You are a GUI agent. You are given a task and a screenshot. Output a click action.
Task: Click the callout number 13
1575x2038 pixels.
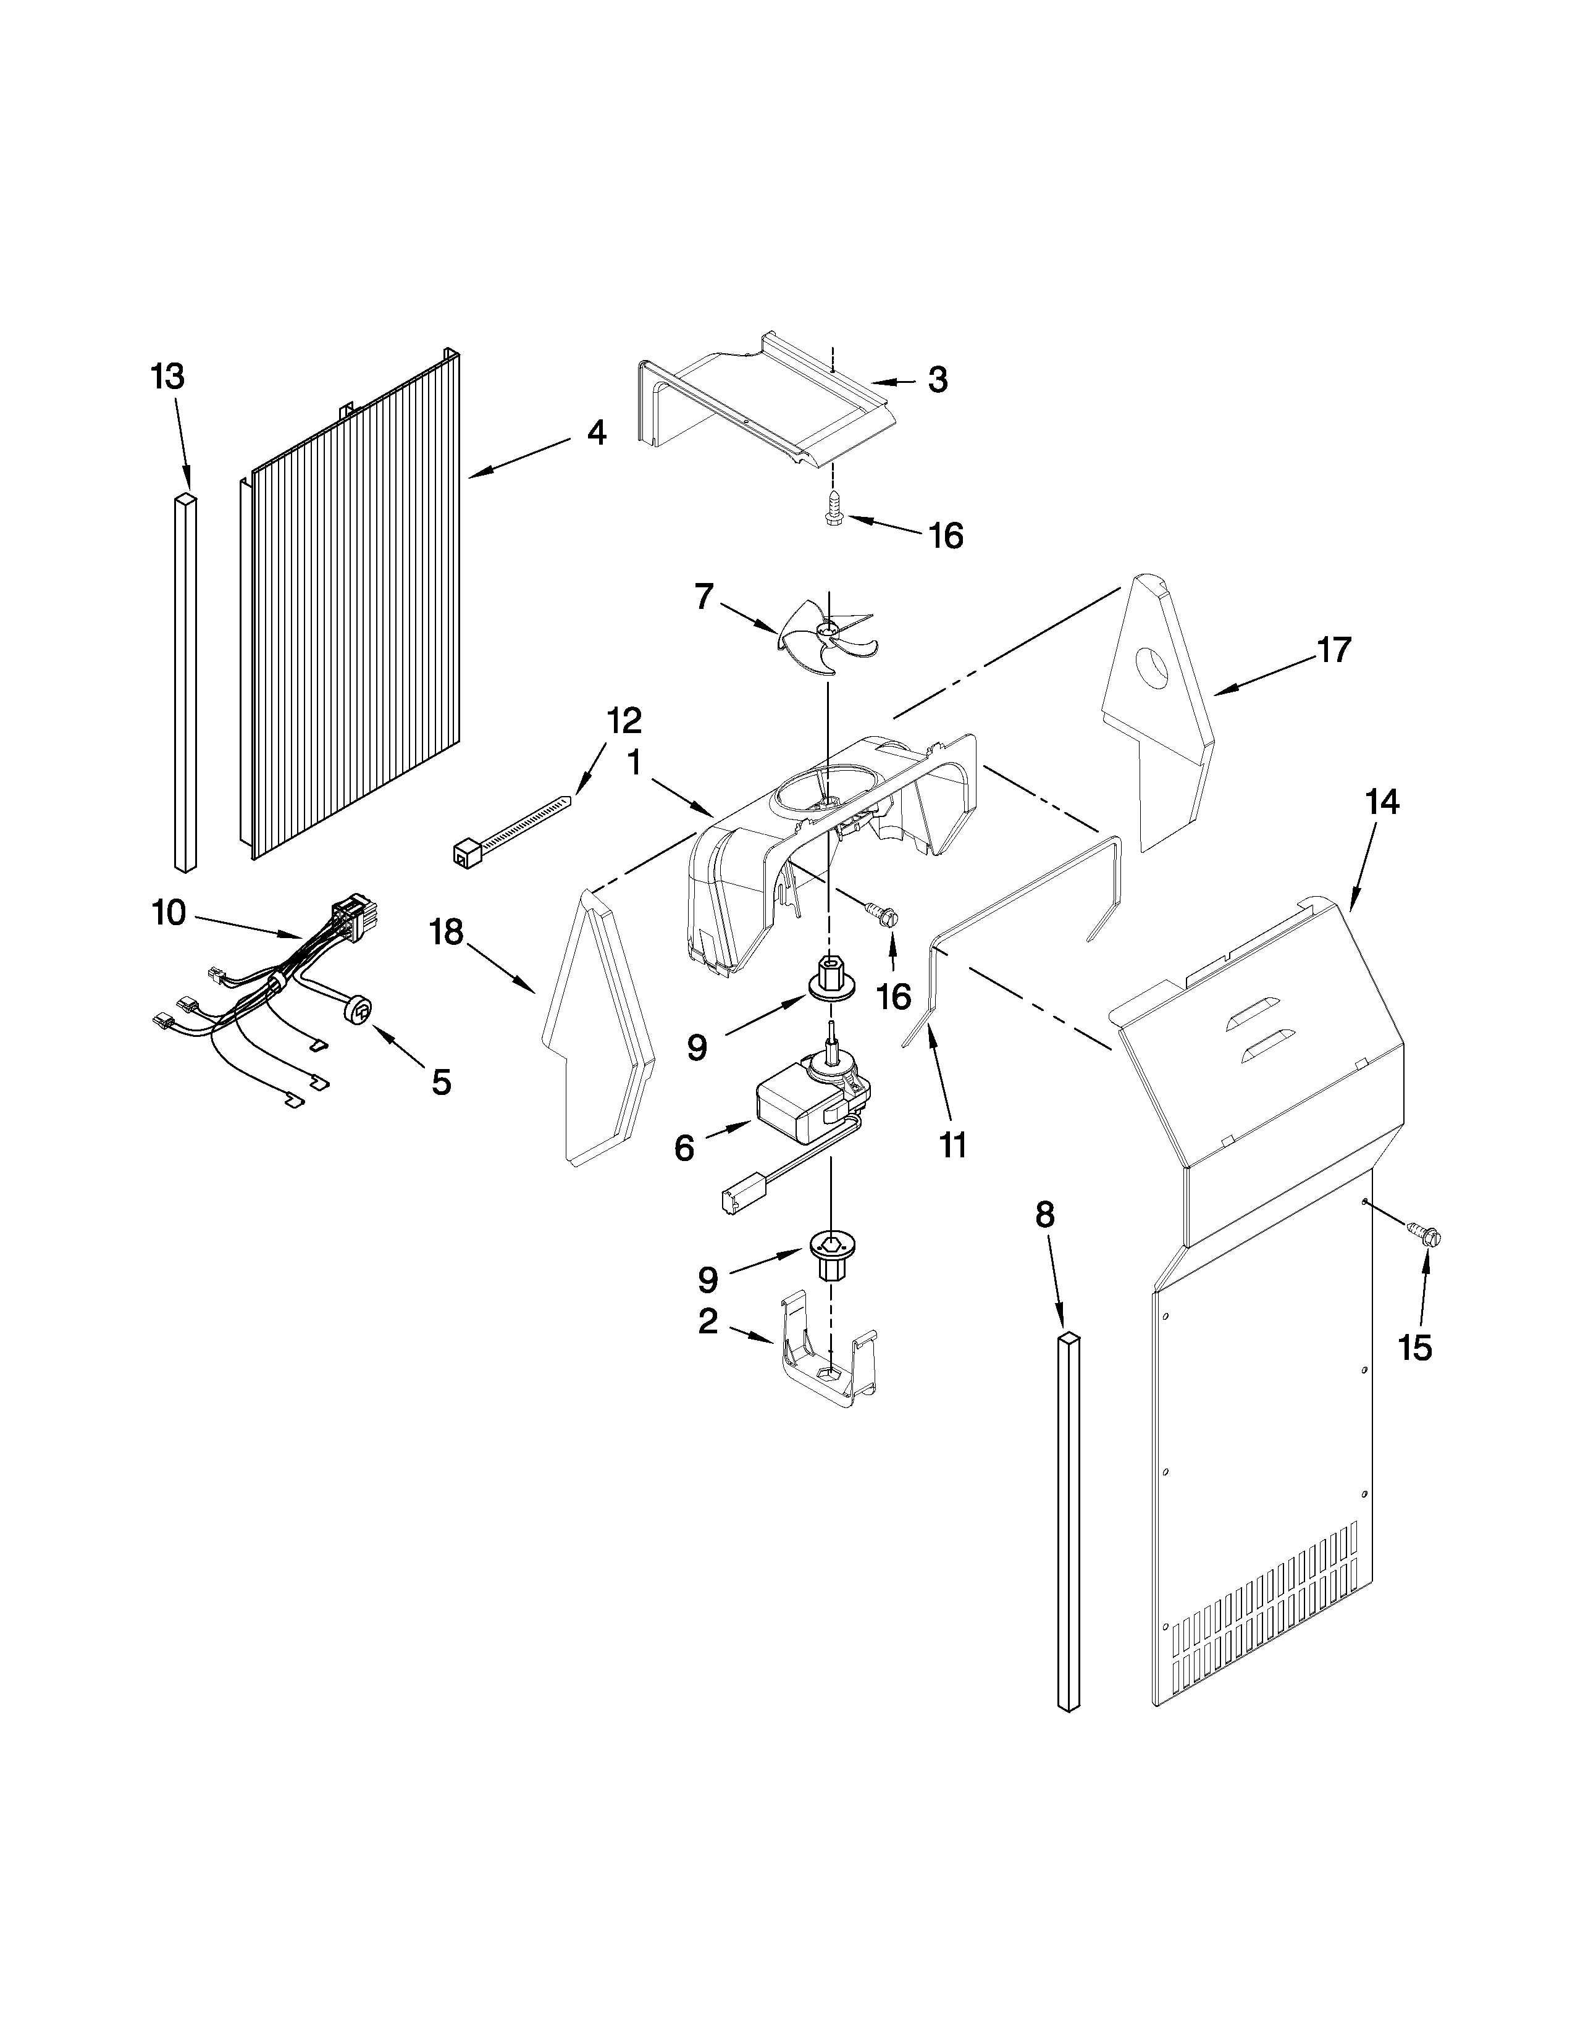[168, 377]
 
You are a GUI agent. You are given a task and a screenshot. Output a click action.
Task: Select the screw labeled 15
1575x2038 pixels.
[1425, 1236]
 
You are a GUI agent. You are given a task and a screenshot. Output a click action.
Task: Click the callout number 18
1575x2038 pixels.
[447, 931]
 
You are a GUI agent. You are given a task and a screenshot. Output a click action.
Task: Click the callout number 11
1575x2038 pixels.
[952, 1145]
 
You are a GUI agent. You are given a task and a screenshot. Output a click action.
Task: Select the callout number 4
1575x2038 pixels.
[596, 432]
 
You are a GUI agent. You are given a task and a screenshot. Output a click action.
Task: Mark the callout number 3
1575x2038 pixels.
[937, 380]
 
